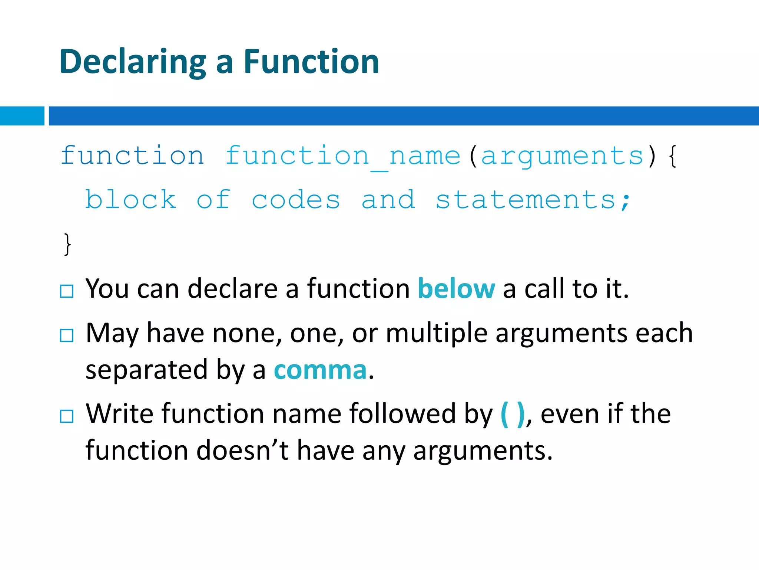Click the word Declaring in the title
click(132, 62)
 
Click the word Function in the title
click(311, 62)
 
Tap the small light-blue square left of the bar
click(22, 116)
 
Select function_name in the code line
click(343, 156)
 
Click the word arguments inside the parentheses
click(562, 156)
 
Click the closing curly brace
click(67, 244)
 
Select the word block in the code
click(131, 200)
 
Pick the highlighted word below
click(456, 289)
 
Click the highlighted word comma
click(320, 370)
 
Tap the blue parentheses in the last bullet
click(513, 414)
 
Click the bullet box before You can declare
click(67, 291)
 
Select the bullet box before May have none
click(67, 335)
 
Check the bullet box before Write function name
click(67, 416)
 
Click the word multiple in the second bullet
click(436, 333)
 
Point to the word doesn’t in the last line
click(242, 451)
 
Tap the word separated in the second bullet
click(146, 370)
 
